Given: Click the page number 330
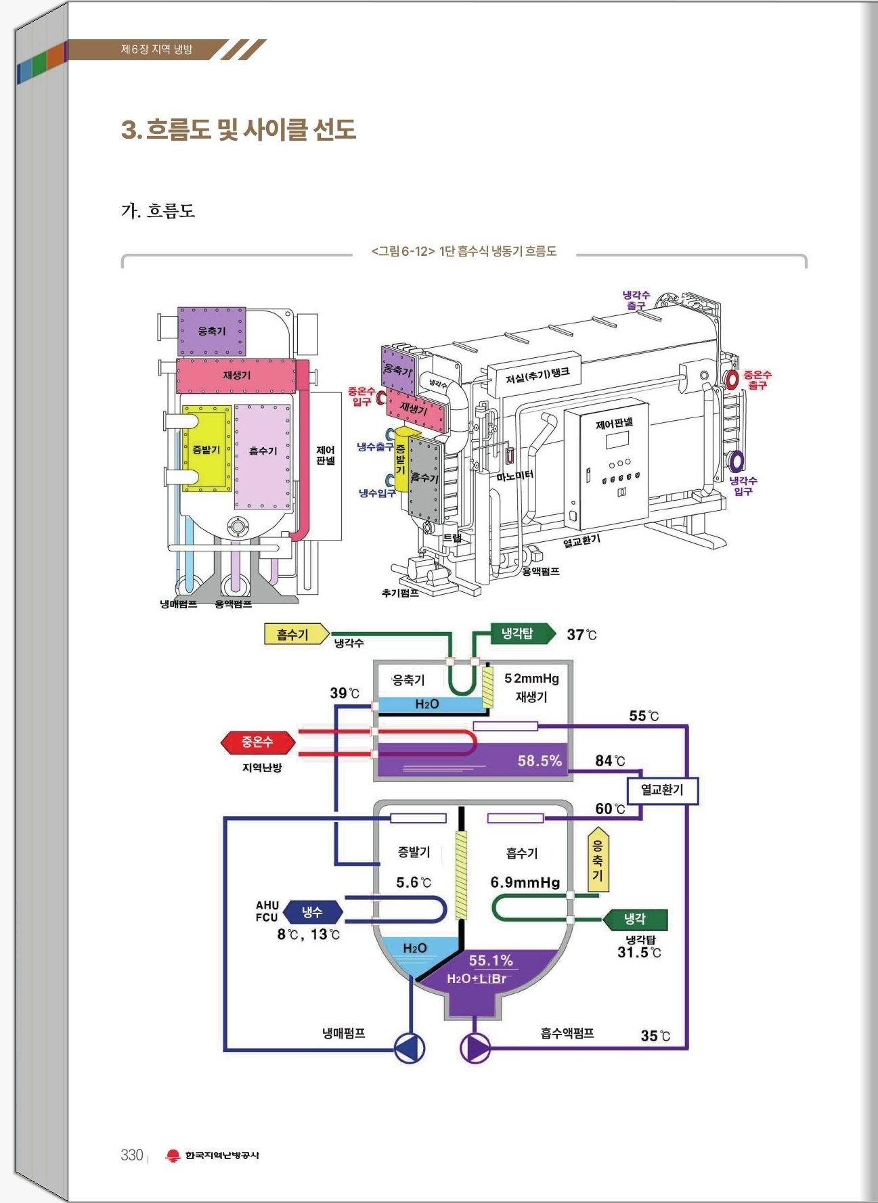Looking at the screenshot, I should coord(132,1154).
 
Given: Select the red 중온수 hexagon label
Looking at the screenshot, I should coord(257,742).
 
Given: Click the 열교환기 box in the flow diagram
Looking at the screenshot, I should coord(662,790).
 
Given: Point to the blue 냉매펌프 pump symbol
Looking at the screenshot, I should coord(410,1048).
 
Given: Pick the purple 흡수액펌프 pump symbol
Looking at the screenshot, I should coord(475,1048).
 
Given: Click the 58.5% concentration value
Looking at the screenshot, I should coord(540,761).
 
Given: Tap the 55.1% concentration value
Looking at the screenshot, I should coord(491,960).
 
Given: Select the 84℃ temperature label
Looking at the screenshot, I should coord(610,761).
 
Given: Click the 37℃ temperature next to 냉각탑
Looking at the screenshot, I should coord(581,635).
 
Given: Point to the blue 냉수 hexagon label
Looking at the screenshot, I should coord(312,912).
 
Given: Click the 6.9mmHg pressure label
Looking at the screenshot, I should coord(525,882).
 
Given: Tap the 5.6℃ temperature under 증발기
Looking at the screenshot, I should coord(413,882).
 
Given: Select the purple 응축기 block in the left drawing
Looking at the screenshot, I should coord(211,331).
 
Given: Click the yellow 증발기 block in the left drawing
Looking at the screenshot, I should coord(206,449).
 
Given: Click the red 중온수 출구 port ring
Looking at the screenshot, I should coord(732,379).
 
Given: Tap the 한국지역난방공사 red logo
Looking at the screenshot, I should coord(173,1156).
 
